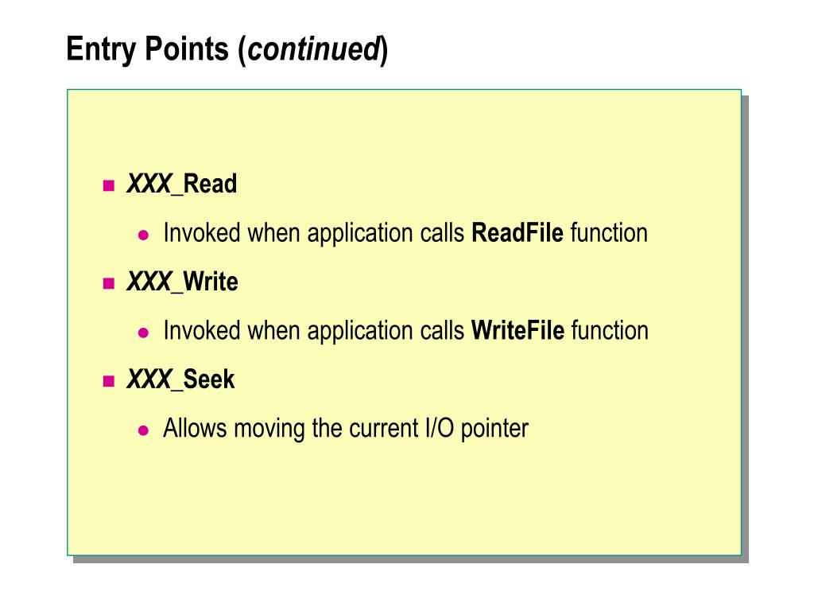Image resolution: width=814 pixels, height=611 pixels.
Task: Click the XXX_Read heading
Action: click(181, 185)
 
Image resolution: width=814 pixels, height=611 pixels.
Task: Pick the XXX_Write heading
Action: click(182, 282)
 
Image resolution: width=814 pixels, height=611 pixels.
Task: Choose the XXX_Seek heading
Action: click(180, 379)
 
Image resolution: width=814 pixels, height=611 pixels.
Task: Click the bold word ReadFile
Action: click(517, 233)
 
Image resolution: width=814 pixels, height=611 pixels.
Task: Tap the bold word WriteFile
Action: click(517, 330)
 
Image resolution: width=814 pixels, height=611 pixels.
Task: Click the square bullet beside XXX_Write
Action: click(109, 283)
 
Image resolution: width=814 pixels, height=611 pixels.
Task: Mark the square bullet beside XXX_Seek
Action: click(109, 381)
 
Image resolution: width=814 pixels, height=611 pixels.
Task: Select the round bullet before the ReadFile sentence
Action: click(144, 235)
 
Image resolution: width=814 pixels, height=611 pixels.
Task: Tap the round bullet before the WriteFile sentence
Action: click(144, 333)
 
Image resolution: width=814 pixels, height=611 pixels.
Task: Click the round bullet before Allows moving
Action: click(144, 430)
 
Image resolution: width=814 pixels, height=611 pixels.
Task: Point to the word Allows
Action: click(192, 428)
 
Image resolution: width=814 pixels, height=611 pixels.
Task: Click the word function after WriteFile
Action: click(610, 330)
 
